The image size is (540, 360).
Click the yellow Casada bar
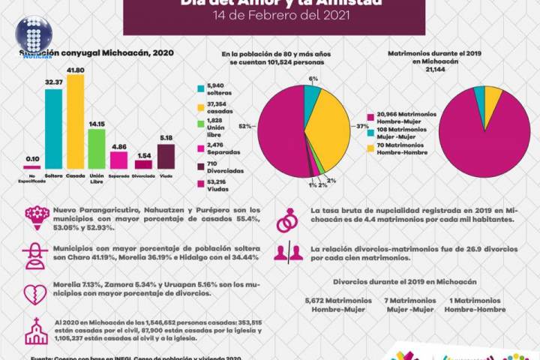tap(75, 120)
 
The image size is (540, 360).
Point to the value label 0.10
tap(32, 160)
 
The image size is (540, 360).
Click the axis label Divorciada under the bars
tap(144, 178)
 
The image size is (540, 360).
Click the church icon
tap(35, 330)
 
